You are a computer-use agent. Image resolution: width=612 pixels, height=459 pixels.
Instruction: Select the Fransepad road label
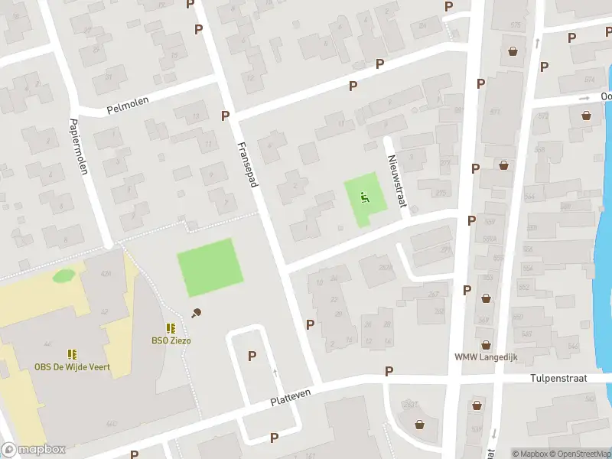point(248,162)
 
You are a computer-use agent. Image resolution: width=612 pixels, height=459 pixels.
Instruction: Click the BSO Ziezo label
point(171,340)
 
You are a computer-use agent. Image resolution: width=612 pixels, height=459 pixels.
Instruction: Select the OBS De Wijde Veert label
point(72,367)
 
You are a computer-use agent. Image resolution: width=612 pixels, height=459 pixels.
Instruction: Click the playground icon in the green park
point(364,196)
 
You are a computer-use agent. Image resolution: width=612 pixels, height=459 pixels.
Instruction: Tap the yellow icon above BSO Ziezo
point(171,328)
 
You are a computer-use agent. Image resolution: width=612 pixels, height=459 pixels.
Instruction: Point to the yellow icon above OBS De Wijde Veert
point(72,354)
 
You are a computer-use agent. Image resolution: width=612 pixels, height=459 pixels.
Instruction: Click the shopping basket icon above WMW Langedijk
point(485,345)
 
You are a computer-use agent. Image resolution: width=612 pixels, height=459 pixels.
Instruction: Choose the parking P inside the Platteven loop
point(252,356)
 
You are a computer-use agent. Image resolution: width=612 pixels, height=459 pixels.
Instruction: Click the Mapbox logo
point(33,450)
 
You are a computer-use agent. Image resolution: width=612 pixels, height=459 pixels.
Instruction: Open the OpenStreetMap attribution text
point(578,454)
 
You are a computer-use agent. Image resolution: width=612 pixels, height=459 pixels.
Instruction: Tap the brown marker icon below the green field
point(197,312)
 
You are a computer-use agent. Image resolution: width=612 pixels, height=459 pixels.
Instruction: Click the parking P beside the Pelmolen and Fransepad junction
point(225,116)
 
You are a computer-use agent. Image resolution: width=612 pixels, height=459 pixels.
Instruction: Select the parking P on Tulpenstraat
point(389,371)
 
